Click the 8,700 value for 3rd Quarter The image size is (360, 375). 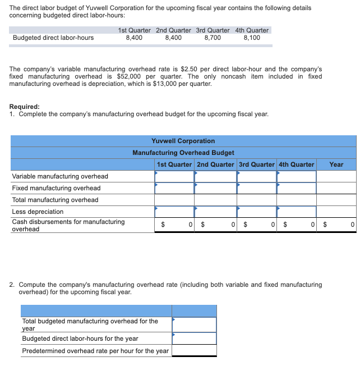pos(213,38)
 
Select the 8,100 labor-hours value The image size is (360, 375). pos(252,38)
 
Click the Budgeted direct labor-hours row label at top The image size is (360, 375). pos(53,38)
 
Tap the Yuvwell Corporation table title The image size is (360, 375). pos(183,141)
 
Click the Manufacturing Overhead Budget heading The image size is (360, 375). pos(183,153)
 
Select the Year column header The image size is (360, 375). pos(336,164)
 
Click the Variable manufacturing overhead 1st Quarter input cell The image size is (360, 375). pos(174,176)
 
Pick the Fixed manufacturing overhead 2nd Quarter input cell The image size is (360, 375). pos(215,188)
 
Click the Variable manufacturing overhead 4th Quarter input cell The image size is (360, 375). pos(296,176)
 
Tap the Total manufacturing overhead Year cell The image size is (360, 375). pos(336,200)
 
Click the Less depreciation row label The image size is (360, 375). pos(38,212)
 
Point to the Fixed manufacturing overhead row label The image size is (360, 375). pos(56,188)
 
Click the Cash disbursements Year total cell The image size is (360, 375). pos(336,225)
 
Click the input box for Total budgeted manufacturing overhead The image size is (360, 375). pos(194,324)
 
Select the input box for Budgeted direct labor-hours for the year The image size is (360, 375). pos(194,339)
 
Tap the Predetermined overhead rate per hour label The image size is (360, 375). pos(95,351)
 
